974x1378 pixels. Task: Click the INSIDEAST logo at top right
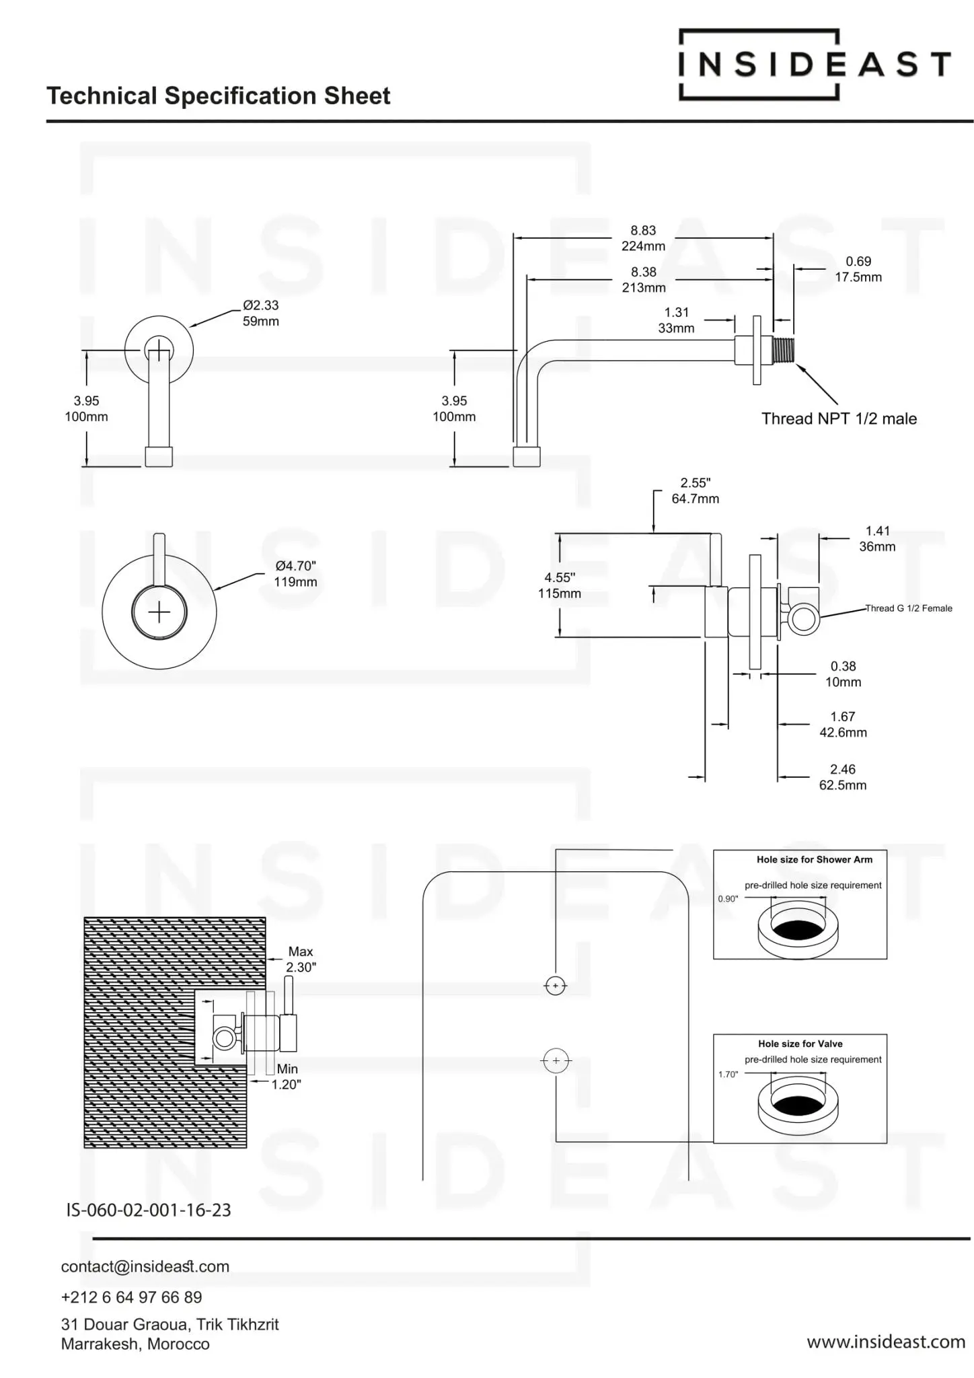tap(815, 65)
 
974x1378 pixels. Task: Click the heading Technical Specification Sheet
tap(219, 96)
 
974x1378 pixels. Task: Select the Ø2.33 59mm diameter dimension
tap(261, 314)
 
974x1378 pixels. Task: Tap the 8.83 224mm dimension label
tap(644, 238)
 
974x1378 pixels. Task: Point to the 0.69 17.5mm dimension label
tap(858, 269)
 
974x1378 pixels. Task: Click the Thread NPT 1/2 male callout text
tap(839, 419)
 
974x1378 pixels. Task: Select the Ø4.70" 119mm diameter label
tap(295, 574)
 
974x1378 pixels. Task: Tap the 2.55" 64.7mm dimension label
tap(696, 491)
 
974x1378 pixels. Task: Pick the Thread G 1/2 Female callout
tap(909, 608)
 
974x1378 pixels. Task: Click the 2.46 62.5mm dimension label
tap(843, 777)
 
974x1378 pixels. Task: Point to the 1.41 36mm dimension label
tap(877, 539)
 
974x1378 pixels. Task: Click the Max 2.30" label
tap(301, 959)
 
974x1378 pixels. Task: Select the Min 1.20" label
tap(287, 1077)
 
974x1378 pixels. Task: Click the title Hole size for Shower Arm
tap(815, 859)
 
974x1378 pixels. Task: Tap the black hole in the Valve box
tap(798, 1104)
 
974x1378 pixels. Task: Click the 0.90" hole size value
tap(728, 899)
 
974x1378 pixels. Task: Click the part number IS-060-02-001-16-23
tap(149, 1210)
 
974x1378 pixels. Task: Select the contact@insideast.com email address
tap(145, 1266)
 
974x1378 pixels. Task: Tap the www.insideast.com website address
tap(886, 1342)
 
